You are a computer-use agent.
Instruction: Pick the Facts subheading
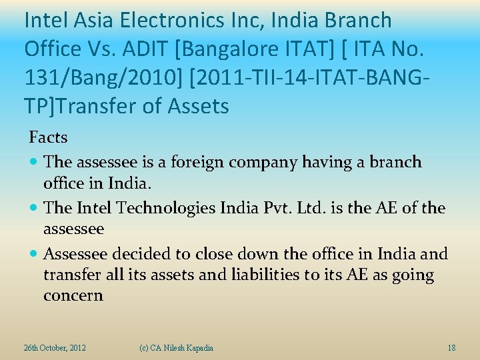(48, 137)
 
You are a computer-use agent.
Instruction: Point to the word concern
(73, 295)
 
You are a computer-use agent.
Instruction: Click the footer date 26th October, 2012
(55, 348)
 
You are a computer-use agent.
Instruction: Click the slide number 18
(451, 348)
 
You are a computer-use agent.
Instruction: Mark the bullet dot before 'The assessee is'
(35, 163)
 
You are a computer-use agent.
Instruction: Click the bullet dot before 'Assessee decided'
(35, 255)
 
